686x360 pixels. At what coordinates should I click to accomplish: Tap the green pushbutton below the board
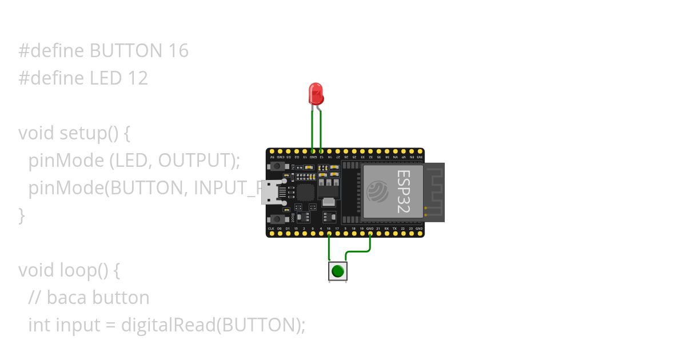click(x=338, y=271)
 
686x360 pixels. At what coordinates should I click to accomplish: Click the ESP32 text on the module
click(x=404, y=191)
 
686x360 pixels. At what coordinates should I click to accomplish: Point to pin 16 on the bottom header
click(x=329, y=233)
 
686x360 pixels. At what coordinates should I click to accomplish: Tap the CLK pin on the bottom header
click(x=271, y=233)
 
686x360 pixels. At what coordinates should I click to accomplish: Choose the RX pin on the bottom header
click(x=386, y=233)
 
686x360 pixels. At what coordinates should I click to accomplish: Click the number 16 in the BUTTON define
click(x=178, y=51)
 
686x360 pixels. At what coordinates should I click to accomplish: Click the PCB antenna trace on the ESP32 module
click(x=434, y=191)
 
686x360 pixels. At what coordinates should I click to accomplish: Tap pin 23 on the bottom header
click(x=411, y=233)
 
